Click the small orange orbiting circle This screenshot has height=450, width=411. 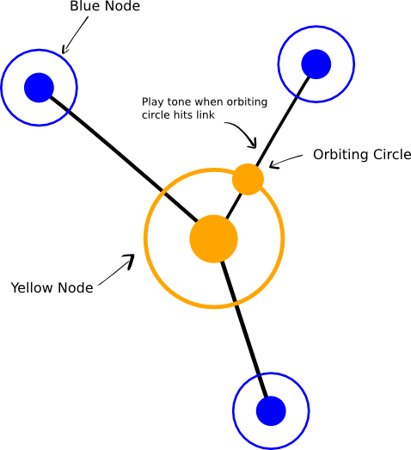pos(248,179)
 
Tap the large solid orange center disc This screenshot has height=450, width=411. pos(214,239)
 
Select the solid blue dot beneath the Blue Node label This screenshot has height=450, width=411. pos(39,88)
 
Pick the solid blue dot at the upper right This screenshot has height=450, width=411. pos(316,64)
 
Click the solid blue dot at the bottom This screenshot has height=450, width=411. pos(271,411)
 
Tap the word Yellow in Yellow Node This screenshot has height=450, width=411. pos(33,287)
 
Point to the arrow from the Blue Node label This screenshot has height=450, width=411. pos(75,35)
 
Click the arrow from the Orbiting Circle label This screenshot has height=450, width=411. pos(285,162)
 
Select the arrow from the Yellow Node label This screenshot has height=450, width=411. pos(116,270)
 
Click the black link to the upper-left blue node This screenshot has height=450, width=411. pos(124,159)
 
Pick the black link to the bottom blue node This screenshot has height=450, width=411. pos(244,330)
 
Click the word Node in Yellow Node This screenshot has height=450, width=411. pos(76,287)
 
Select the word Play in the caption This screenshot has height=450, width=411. pos(153,102)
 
